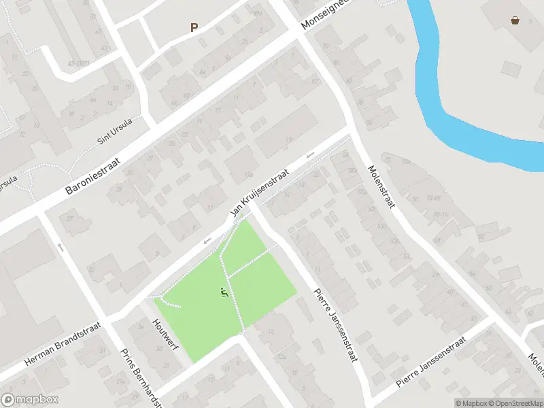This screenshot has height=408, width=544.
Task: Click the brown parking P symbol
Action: point(194,28)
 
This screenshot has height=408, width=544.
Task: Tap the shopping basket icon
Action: point(515,20)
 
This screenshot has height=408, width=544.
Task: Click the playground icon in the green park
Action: point(224,293)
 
